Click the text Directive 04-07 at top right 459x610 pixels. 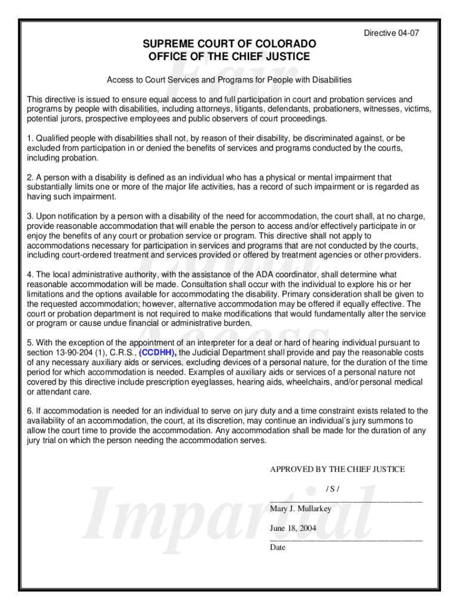click(x=392, y=33)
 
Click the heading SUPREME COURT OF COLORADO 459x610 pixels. click(x=229, y=45)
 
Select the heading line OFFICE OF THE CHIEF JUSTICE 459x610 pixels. click(x=229, y=57)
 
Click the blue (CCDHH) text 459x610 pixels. click(x=157, y=353)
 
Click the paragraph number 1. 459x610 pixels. click(x=30, y=138)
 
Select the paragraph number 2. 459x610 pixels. click(x=30, y=177)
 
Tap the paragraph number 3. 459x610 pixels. click(x=30, y=216)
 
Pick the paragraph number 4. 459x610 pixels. click(x=30, y=275)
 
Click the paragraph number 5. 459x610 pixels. click(x=30, y=343)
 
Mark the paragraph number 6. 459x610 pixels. click(x=30, y=411)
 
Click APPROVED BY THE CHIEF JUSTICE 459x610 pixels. click(x=337, y=469)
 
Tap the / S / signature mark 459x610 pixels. click(x=333, y=489)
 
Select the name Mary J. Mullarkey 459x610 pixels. click(x=300, y=509)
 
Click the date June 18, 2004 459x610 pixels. click(x=293, y=528)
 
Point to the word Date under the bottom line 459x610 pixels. click(x=278, y=547)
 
